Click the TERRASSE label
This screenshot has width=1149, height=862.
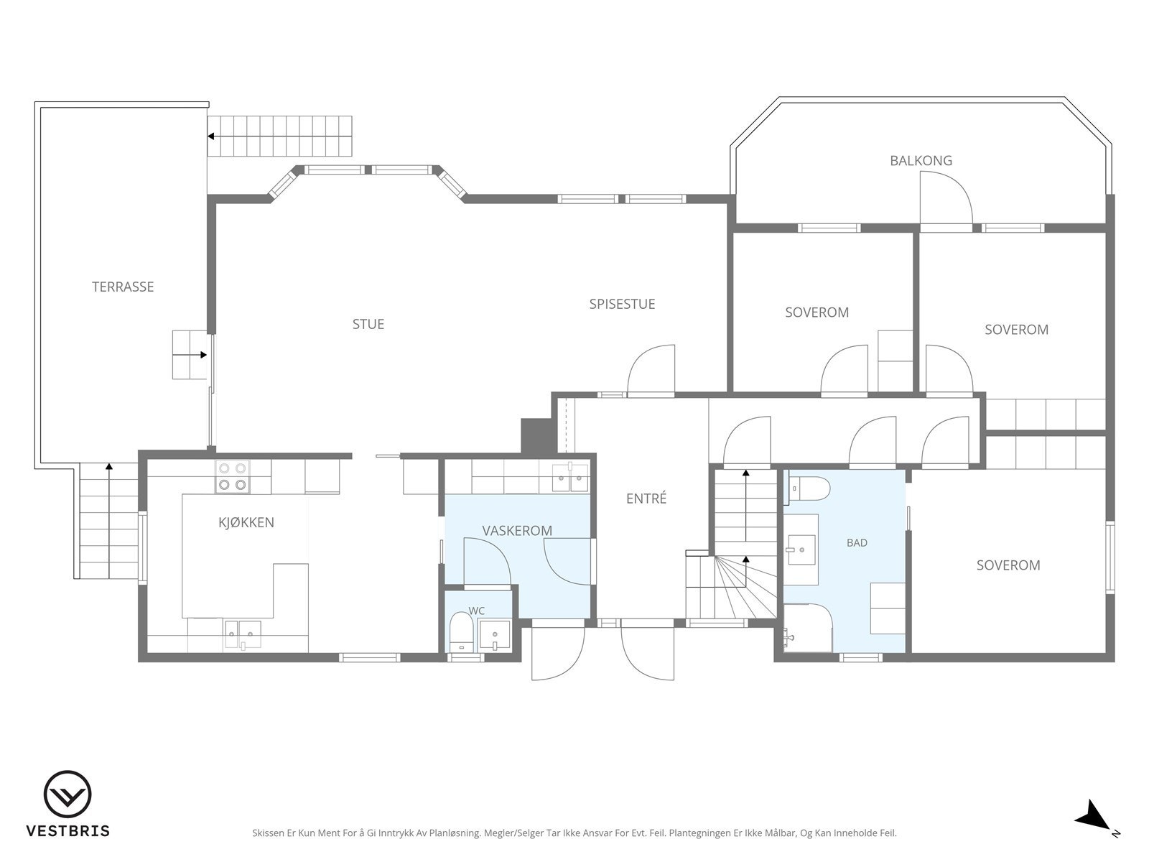pos(123,287)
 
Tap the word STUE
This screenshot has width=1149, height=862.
pos(368,325)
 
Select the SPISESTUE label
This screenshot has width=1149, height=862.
pos(623,304)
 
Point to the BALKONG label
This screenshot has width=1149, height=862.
pos(921,161)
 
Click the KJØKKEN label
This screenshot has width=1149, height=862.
pos(246,522)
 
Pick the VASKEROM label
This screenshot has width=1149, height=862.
pos(517,531)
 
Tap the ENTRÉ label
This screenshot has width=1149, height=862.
pos(646,499)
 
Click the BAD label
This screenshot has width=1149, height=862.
pos(857,543)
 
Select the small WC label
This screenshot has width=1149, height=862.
pos(476,611)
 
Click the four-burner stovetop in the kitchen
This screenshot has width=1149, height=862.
pos(233,476)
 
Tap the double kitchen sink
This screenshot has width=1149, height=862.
pos(243,634)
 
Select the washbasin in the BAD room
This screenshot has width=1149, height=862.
pos(800,550)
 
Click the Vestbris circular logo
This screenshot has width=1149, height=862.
pos(68,794)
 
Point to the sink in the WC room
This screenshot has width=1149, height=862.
pos(495,636)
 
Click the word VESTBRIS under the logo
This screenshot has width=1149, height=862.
pos(68,830)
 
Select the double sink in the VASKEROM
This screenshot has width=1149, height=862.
pos(570,477)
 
